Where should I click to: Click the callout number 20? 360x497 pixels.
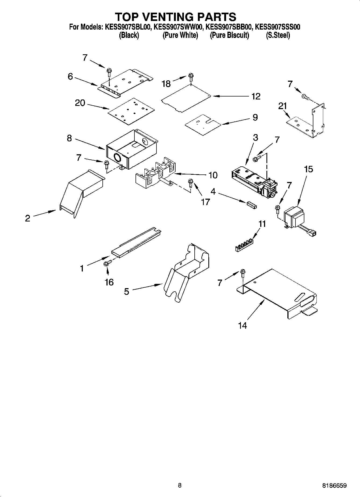80,103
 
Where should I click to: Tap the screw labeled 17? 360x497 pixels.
190,183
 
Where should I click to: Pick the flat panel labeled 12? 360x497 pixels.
186,98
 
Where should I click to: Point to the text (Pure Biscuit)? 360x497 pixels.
229,35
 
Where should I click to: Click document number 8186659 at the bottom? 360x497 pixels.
334,486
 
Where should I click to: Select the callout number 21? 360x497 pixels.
283,106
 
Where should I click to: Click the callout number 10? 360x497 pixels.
213,175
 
